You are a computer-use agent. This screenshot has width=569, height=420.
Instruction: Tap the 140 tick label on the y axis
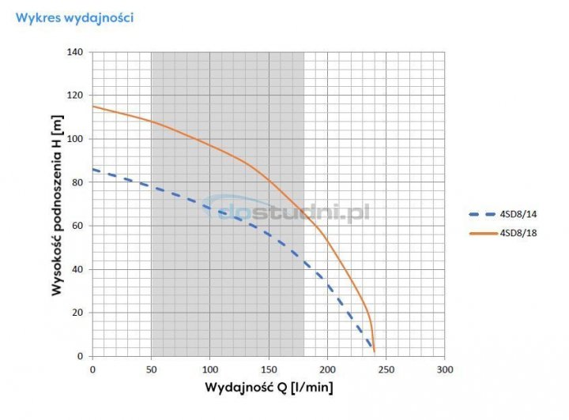pos(76,52)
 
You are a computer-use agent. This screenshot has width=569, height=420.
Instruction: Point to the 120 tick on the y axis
pos(76,96)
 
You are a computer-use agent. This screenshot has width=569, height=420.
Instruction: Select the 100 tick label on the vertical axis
pos(76,139)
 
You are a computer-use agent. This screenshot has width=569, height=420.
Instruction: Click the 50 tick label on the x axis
pos(151,369)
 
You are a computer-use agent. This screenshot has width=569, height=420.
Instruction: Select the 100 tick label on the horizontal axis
pos(209,369)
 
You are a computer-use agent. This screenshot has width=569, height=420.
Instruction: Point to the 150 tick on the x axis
pos(269,369)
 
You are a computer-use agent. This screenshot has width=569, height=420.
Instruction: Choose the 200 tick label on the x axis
pos(327,369)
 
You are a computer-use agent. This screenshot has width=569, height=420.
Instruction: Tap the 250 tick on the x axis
pos(386,369)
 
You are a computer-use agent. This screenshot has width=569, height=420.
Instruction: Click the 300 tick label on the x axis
pos(445,369)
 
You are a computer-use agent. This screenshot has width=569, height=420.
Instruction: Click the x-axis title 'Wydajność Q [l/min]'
pos(269,388)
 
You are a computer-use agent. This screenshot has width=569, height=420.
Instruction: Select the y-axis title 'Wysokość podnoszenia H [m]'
pos(57,203)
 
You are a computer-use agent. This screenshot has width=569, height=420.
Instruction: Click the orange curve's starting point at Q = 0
pos(92,107)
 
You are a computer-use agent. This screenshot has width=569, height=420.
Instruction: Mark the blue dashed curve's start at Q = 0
pos(92,169)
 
